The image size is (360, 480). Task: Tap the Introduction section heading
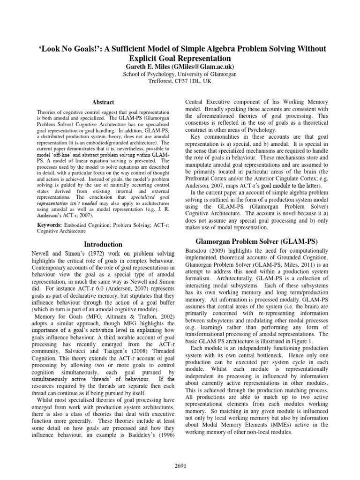coord(103,244)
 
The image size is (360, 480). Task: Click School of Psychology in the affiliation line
coord(148,74)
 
